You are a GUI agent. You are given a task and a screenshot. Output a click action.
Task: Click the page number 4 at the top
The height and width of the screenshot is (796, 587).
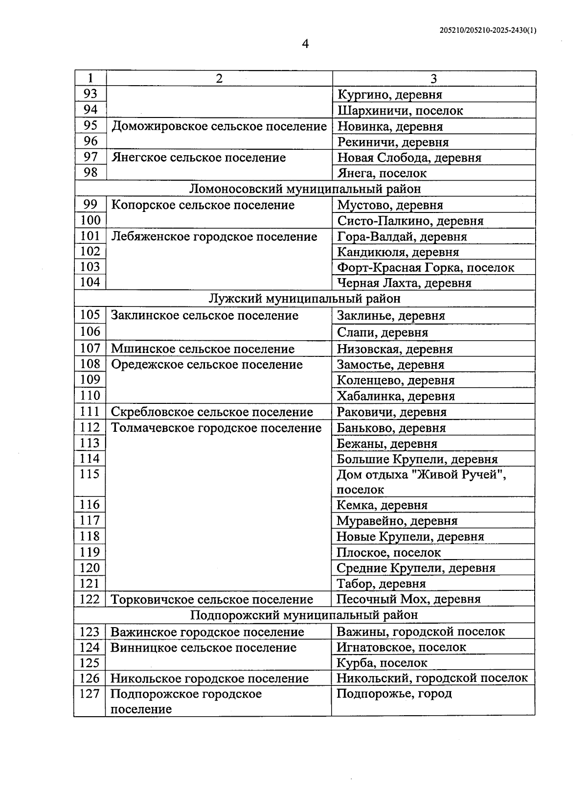coord(305,45)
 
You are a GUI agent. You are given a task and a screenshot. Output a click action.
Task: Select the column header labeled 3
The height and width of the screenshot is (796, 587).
coord(433,79)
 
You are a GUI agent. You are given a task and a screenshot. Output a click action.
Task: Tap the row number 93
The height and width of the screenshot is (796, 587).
coord(90,94)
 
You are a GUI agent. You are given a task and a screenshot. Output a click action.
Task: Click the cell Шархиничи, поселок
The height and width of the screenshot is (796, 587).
coord(400,111)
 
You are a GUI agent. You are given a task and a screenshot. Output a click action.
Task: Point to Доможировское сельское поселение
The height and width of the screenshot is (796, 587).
coord(219,126)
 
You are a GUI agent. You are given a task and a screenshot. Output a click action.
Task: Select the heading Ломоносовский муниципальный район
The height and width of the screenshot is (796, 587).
coord(305,188)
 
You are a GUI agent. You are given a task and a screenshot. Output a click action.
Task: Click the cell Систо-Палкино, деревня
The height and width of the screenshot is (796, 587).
coord(410,221)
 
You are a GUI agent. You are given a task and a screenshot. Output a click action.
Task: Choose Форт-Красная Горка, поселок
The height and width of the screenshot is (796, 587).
coord(426,268)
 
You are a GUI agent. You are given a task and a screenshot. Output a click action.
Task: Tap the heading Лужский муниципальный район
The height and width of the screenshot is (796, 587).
coord(305,298)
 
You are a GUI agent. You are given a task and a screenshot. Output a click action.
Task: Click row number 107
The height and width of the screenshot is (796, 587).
coord(90,349)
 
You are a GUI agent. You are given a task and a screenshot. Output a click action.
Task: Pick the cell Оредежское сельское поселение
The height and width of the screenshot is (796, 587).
coord(207,365)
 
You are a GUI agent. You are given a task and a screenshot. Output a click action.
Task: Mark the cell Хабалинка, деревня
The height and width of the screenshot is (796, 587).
coord(396,396)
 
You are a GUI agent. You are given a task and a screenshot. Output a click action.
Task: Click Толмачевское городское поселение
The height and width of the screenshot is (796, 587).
coord(216,428)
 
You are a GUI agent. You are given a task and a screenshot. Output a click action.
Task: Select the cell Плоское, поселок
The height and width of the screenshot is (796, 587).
coord(388,552)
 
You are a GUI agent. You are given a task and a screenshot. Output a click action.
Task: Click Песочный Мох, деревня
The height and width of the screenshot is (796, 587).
coord(408,599)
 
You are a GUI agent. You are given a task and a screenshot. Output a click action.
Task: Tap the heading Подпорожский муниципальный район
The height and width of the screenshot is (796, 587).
coord(304,615)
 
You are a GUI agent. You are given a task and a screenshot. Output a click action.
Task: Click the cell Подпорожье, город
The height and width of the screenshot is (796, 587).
coord(394,694)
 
